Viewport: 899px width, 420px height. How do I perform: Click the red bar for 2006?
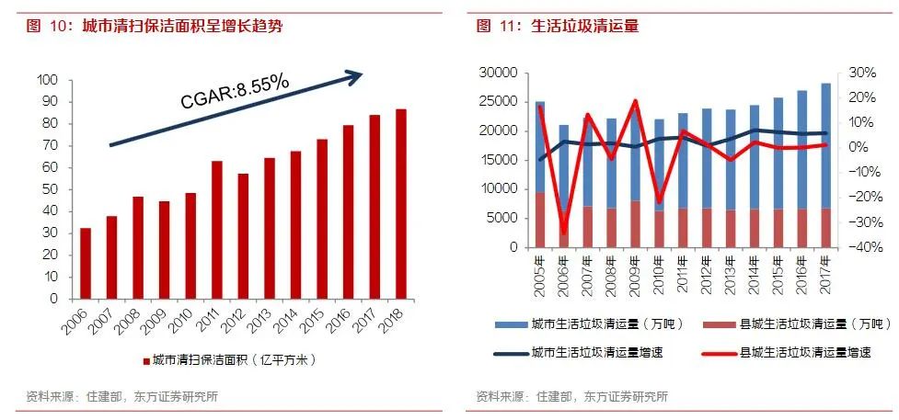[x=86, y=263]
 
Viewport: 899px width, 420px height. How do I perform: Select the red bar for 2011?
[x=217, y=230]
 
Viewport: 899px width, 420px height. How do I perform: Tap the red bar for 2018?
[x=401, y=204]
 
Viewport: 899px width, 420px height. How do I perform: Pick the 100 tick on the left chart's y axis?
[x=47, y=80]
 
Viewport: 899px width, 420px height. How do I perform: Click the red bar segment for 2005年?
[x=540, y=220]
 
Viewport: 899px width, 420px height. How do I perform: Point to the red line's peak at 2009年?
[x=635, y=101]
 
